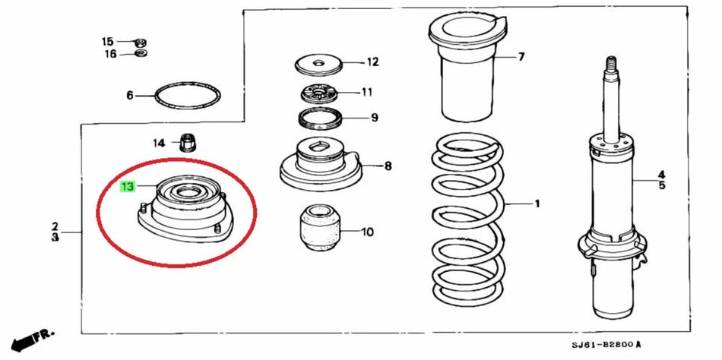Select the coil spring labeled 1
pyautogui.click(x=466, y=220)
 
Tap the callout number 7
pyautogui.click(x=521, y=57)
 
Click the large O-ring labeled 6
pyautogui.click(x=188, y=96)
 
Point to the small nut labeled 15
pyautogui.click(x=140, y=41)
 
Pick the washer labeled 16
pyautogui.click(x=140, y=53)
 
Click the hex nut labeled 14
pyautogui.click(x=187, y=141)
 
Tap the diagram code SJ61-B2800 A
pyautogui.click(x=606, y=346)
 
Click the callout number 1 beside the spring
pyautogui.click(x=537, y=204)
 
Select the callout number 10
pyautogui.click(x=368, y=232)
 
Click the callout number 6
pyautogui.click(x=130, y=96)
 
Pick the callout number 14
pyautogui.click(x=158, y=143)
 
